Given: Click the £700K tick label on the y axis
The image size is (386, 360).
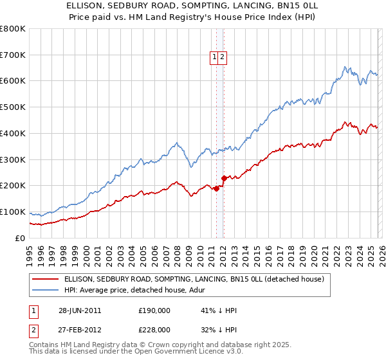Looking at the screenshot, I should (x=13, y=55).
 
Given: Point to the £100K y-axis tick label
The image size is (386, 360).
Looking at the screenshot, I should (x=13, y=212).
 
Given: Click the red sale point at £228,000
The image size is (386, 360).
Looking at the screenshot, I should (x=224, y=178).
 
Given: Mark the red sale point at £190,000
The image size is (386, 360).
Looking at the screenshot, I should (x=217, y=188).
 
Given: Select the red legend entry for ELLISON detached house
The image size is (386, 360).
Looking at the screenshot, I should (x=197, y=279).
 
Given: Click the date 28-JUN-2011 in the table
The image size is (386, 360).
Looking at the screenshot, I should (x=79, y=310).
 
